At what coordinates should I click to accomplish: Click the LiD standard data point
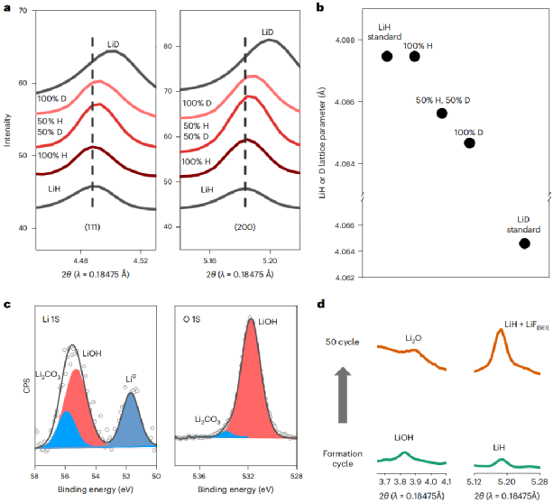[x=524, y=243]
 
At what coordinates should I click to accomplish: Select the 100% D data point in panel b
[x=469, y=142]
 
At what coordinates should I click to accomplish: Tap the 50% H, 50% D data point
[x=442, y=113]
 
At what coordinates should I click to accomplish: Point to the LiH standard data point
[x=387, y=56]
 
